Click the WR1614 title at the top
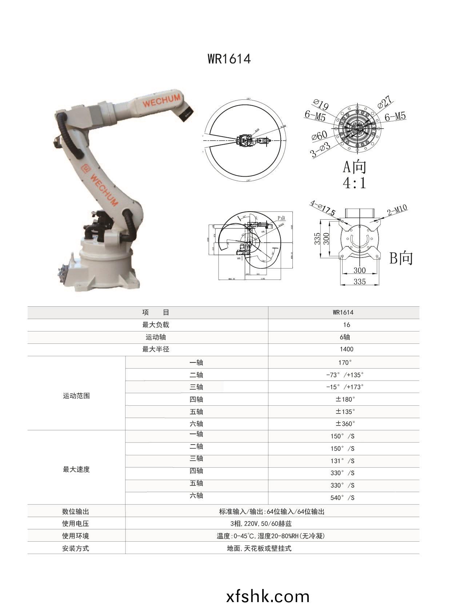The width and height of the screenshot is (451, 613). (229, 59)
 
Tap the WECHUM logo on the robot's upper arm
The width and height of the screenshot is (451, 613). (161, 101)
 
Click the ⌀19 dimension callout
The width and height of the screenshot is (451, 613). (321, 105)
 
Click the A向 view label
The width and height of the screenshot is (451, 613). (355, 167)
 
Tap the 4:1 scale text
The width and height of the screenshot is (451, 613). (355, 182)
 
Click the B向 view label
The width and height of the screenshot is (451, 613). (401, 258)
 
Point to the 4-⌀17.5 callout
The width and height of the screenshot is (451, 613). (323, 208)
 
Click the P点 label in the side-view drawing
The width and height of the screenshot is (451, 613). (282, 218)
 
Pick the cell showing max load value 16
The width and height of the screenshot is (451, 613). (346, 325)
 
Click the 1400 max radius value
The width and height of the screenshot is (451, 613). (346, 349)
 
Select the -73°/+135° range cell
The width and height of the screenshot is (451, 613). (344, 375)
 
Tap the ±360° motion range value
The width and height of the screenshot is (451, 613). (345, 424)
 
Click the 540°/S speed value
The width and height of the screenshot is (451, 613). (342, 498)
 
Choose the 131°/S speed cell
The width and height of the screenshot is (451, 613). (342, 461)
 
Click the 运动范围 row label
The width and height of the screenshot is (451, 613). (76, 396)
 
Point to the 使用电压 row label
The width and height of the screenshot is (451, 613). (75, 524)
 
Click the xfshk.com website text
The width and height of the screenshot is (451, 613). (268, 596)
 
